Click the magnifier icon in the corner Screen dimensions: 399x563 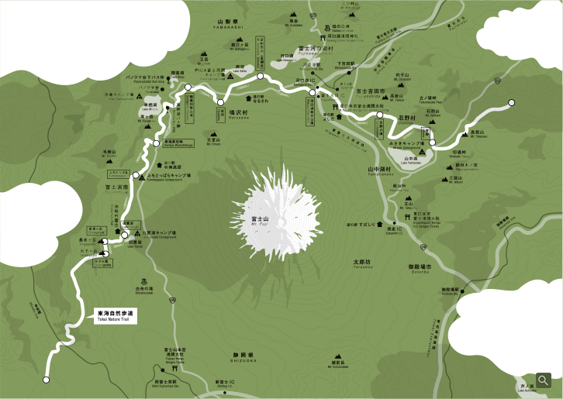[x=543, y=380]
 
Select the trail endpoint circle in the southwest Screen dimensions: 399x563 [x=46, y=380]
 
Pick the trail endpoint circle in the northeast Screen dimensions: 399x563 [x=512, y=102]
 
